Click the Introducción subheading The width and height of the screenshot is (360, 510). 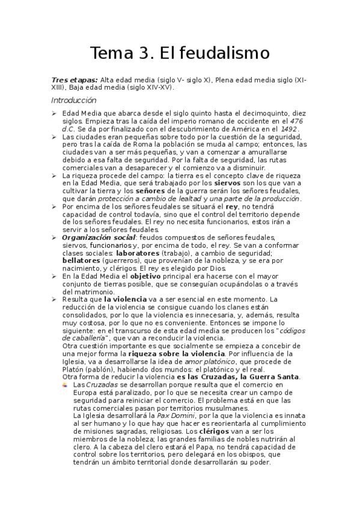[73, 100]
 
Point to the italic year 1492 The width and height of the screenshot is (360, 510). [289, 128]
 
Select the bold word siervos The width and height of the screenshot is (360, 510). [229, 183]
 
